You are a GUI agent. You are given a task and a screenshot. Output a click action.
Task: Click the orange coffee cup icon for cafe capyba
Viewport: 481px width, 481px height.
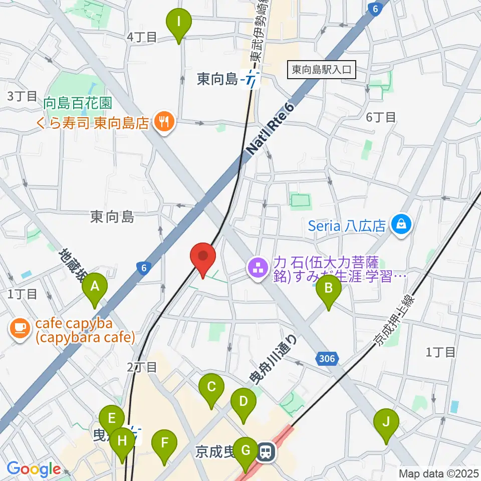[19, 328]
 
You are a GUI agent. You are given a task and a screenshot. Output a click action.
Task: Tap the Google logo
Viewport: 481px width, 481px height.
[33, 469]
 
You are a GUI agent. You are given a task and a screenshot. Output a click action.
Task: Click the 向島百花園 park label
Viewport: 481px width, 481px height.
[77, 104]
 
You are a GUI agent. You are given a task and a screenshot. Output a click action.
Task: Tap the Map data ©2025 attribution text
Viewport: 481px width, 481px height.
[438, 473]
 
